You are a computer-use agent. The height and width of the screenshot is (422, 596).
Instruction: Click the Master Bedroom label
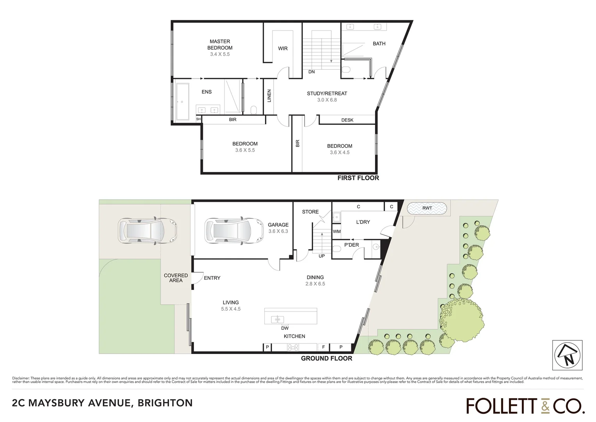(x=220, y=45)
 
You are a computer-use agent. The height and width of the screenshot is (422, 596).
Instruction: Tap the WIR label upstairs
(x=283, y=48)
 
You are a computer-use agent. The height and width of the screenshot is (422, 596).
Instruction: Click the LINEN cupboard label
(x=269, y=96)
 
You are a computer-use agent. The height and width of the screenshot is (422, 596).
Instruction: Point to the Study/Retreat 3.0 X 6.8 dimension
(x=327, y=100)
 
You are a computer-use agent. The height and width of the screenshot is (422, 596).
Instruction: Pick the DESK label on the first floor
(x=347, y=120)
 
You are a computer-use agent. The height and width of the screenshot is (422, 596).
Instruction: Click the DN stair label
(x=311, y=72)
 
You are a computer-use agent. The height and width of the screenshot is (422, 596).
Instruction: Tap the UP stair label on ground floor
(x=322, y=256)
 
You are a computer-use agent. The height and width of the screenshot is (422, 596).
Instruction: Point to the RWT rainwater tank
(x=427, y=208)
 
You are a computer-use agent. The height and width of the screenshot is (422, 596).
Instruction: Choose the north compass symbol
(x=567, y=355)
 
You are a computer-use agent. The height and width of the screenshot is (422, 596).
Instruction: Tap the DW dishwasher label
(x=285, y=328)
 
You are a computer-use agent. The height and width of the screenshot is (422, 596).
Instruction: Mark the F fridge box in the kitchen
(x=323, y=347)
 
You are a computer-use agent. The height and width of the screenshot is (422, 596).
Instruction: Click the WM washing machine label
(x=336, y=231)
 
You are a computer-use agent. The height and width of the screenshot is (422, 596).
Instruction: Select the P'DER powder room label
(x=351, y=245)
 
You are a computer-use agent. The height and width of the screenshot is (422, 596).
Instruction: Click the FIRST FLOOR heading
(x=358, y=178)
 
